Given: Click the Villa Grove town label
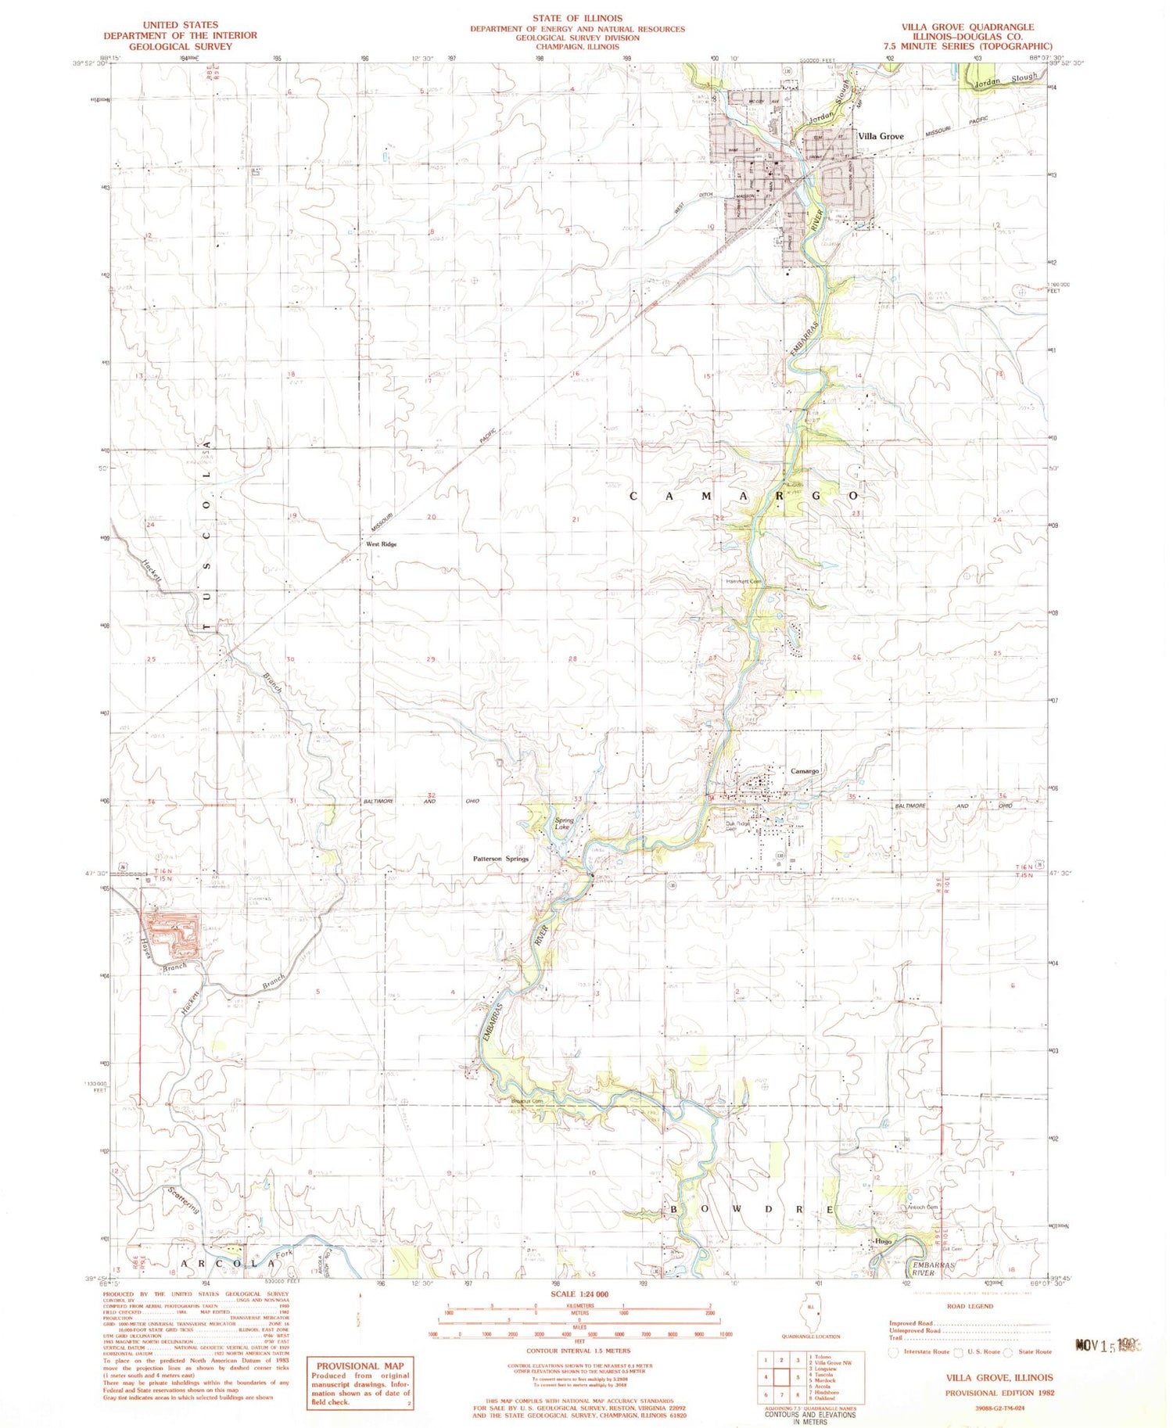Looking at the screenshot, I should (881, 136).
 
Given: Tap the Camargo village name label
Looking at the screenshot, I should (805, 771).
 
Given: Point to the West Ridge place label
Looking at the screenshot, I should (382, 544).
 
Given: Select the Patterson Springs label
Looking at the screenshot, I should (500, 859).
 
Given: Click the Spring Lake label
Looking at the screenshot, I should (564, 823).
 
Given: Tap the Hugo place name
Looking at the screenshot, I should (884, 1241).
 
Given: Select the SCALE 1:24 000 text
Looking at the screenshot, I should (579, 1294).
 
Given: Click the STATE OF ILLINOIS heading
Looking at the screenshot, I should (577, 18).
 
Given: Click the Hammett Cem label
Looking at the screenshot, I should (743, 581).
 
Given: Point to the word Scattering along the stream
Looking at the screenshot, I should (184, 1200).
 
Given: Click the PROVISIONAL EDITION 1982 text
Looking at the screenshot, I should (999, 1393).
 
